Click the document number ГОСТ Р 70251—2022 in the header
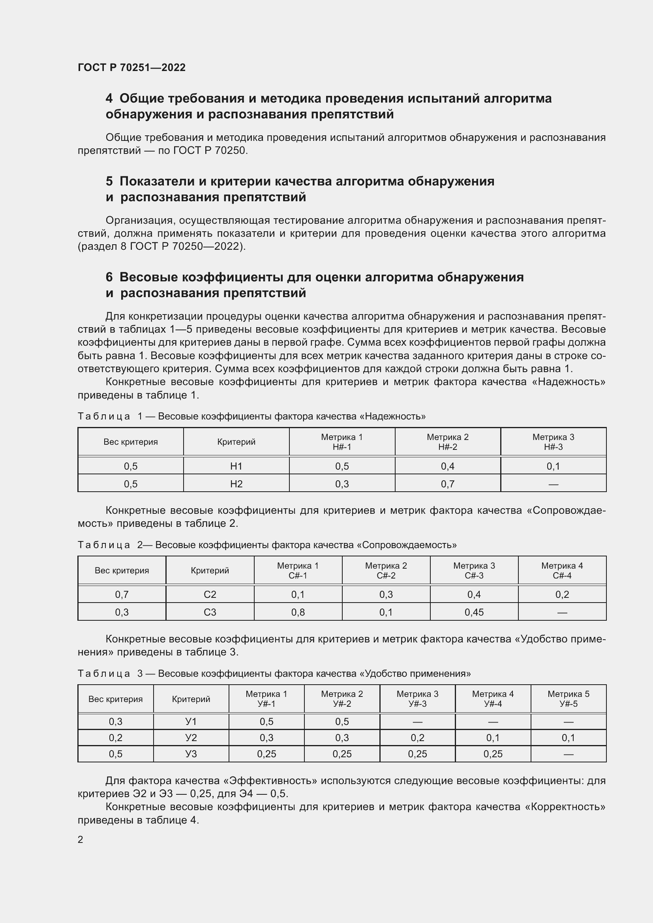point(131,67)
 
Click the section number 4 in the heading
point(109,99)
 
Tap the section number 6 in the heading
point(109,277)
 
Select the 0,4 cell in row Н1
point(448,466)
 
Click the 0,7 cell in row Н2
point(448,484)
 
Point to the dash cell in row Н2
point(553,484)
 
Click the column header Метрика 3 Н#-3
point(553,442)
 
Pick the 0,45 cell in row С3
point(474,612)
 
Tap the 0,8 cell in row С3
point(298,612)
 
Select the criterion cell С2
point(210,595)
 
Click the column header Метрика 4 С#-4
point(562,571)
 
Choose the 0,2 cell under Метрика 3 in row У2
point(417,738)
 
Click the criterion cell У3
point(191,754)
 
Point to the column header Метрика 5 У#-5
point(568,699)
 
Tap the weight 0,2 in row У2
point(115,738)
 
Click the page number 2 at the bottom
point(81,840)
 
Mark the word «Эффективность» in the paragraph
point(270,781)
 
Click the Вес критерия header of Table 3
point(115,699)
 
